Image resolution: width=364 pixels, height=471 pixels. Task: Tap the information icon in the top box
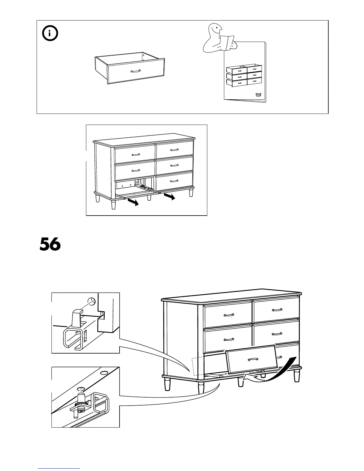[x=50, y=34]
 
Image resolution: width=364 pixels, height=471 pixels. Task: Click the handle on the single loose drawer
[x=136, y=71]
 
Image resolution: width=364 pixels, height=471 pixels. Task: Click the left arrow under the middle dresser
[x=133, y=202]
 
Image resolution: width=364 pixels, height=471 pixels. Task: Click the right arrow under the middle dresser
[x=169, y=197]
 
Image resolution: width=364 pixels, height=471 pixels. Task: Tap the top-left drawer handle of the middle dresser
[x=136, y=154]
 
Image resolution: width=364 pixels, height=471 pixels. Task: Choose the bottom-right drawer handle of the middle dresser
[x=175, y=181]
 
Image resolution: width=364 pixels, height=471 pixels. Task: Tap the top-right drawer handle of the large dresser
[x=277, y=310]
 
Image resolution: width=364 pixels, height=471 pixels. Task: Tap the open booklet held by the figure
[x=227, y=42]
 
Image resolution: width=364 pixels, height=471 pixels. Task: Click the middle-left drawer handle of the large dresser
[x=228, y=339]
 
